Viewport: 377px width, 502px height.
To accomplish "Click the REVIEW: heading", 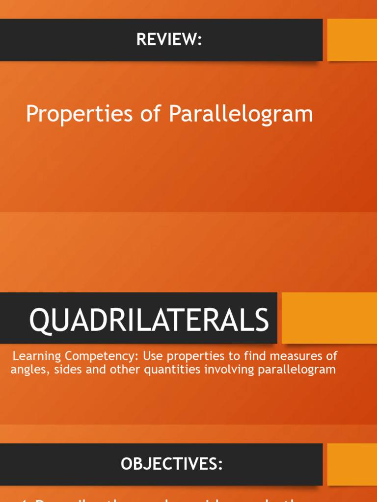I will [169, 40].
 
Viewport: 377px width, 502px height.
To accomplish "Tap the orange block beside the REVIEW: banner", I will [352, 40].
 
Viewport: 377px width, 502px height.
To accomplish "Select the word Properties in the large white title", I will [79, 115].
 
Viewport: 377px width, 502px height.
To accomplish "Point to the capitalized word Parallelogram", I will [241, 115].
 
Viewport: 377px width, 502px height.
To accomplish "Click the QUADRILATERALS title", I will [149, 320].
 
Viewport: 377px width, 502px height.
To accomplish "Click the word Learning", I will [33, 356].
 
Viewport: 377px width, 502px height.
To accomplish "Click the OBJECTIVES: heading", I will [172, 464].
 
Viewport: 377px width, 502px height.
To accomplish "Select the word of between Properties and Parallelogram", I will [151, 115].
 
